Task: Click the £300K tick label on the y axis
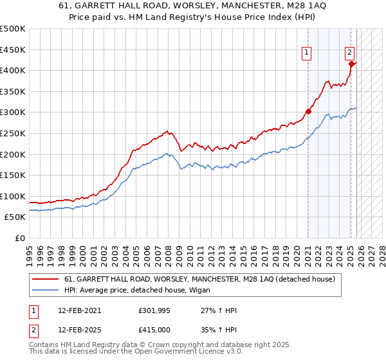[13, 113]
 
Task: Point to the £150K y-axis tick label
[13, 175]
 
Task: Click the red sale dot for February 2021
[308, 111]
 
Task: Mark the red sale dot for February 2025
[351, 64]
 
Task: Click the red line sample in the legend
[45, 280]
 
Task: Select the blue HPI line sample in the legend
[45, 291]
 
